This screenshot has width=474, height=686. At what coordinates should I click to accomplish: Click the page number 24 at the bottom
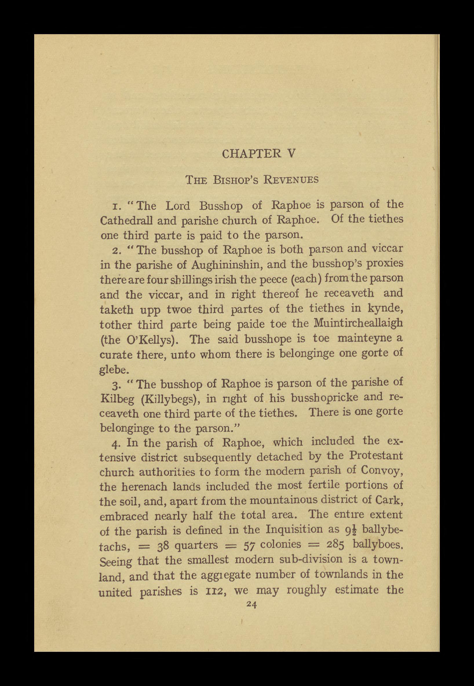click(251, 605)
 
